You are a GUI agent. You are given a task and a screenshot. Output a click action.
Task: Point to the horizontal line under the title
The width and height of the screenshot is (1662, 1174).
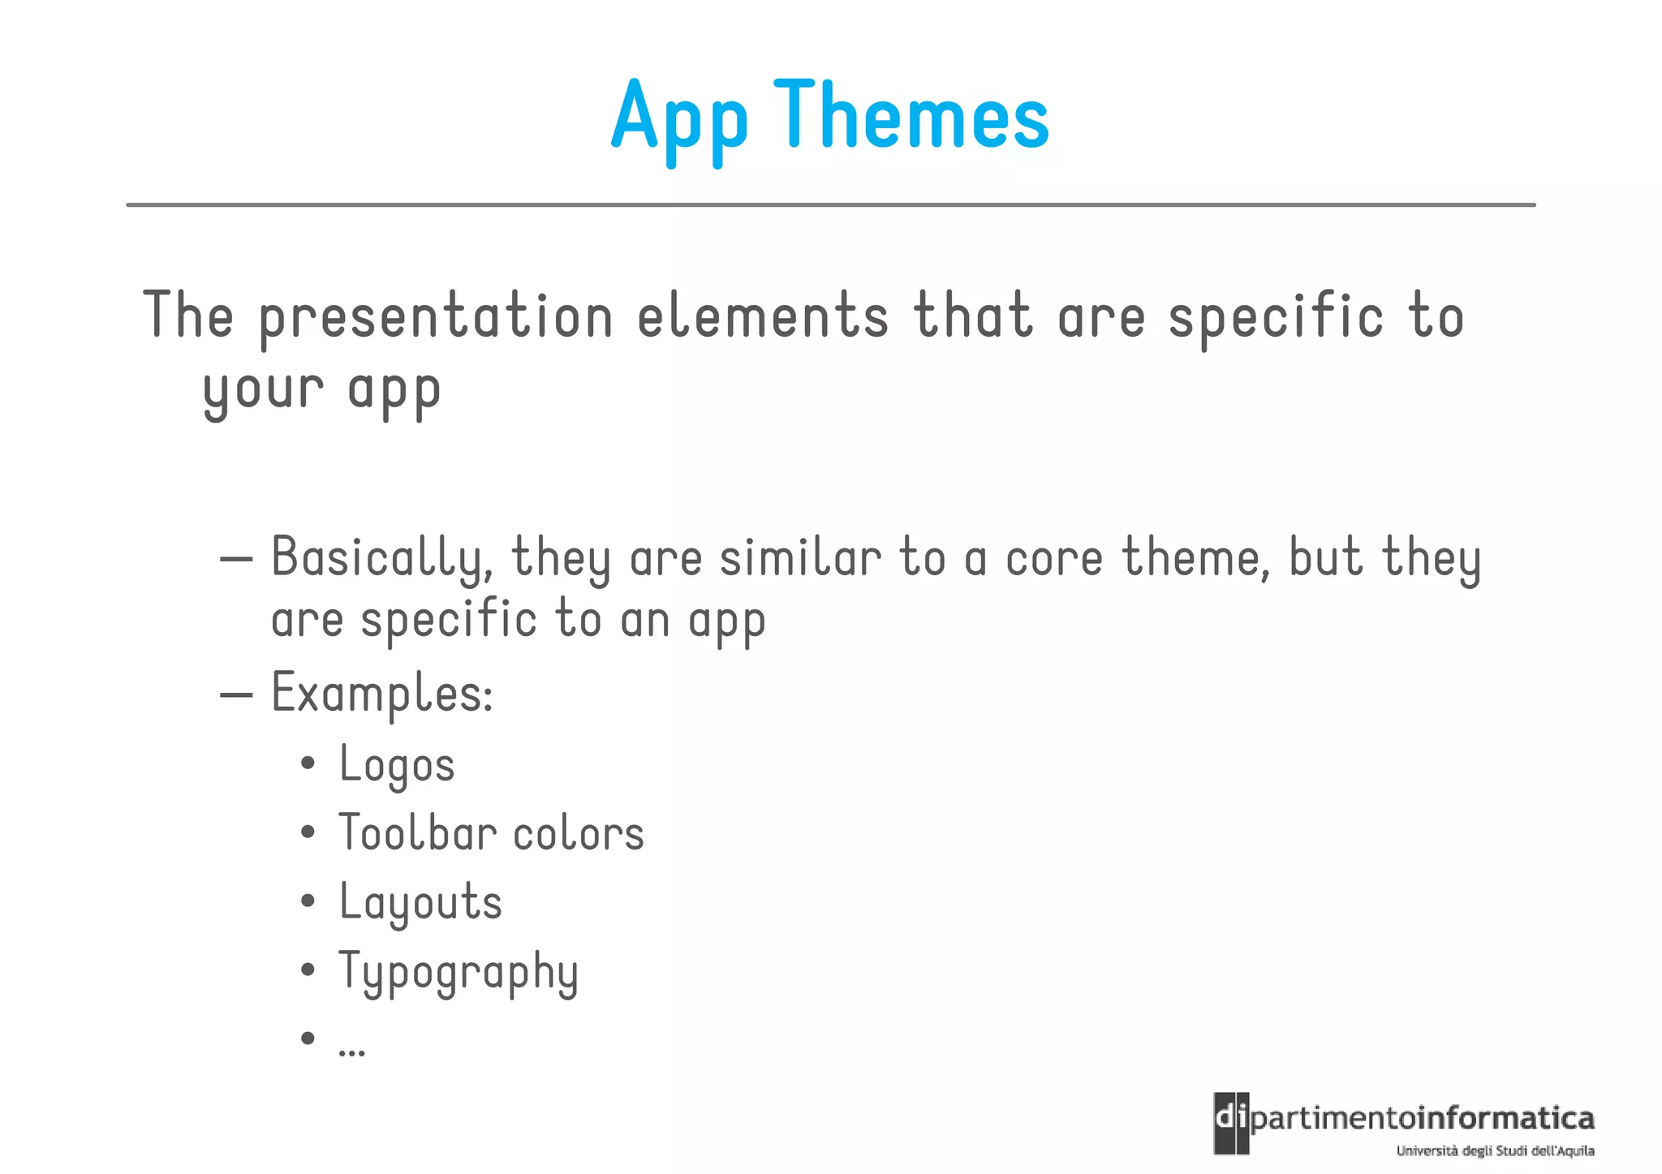830,205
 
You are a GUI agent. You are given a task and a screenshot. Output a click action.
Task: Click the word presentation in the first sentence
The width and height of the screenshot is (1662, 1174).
436,317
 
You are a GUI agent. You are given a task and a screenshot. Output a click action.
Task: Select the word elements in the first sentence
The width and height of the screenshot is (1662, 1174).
763,316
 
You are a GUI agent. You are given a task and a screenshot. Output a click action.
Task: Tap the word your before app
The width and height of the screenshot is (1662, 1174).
263,390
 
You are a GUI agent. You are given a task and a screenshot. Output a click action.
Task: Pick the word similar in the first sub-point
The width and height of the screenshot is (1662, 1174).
800,558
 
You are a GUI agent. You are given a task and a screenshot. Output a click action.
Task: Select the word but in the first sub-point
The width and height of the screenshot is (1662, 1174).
1325,558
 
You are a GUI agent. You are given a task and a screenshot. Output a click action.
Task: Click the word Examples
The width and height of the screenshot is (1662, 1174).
381,695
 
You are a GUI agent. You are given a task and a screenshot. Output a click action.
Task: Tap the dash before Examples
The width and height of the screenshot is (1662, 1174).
236,695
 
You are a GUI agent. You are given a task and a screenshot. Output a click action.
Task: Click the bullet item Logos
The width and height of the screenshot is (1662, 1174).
397,765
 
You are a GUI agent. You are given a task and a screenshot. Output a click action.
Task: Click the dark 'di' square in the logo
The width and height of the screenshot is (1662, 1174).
1231,1123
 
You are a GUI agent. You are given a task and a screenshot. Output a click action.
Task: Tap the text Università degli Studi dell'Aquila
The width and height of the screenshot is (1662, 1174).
1495,1150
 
